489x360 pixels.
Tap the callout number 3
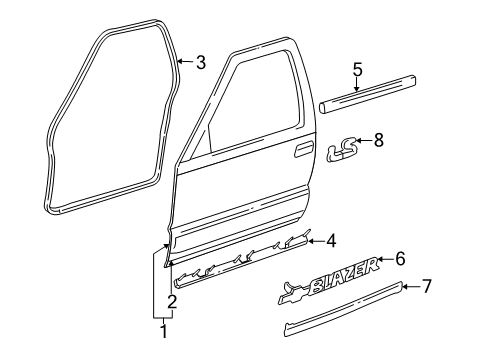click(201, 63)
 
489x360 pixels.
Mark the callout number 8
click(378, 141)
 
